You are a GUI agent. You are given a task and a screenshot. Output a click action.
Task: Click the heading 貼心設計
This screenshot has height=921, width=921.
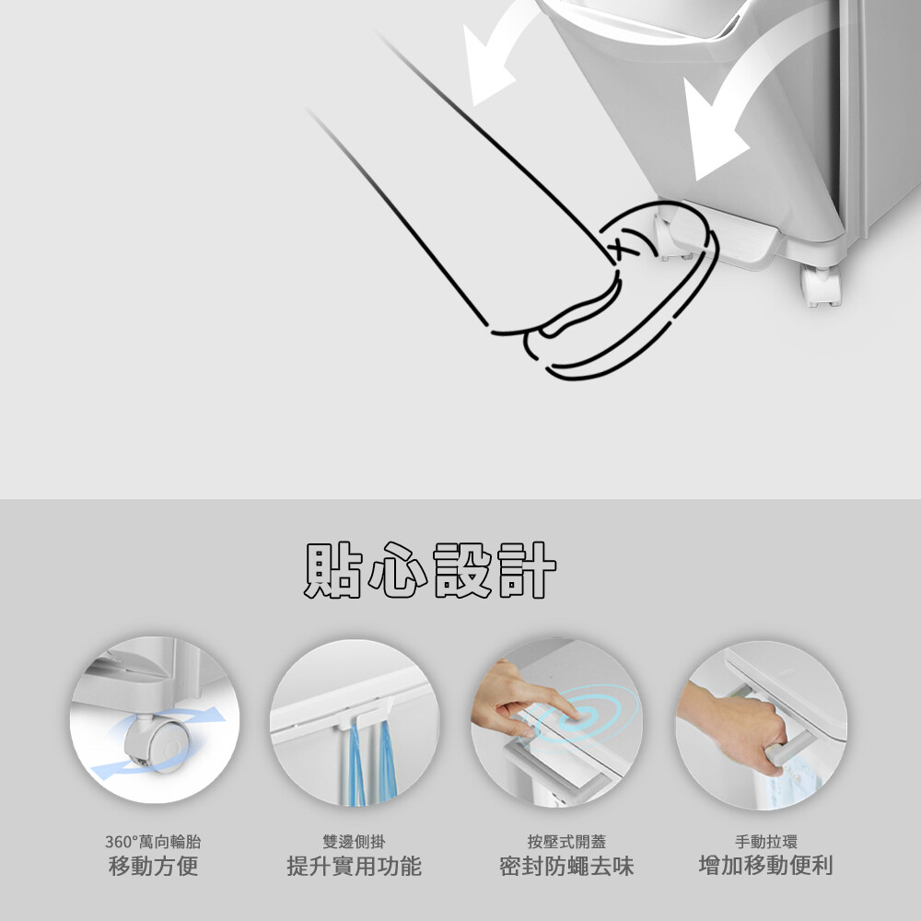coord(429,570)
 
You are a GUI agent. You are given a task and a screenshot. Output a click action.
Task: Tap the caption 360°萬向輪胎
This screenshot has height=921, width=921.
coord(153,842)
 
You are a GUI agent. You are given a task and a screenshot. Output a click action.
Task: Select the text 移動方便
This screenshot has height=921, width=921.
coord(153,866)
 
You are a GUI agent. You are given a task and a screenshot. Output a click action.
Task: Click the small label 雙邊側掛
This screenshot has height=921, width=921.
coord(355,842)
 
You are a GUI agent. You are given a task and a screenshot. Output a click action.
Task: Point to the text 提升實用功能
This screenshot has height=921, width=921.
coord(355,866)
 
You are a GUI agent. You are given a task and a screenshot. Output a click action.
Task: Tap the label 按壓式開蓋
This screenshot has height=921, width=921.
coord(566,842)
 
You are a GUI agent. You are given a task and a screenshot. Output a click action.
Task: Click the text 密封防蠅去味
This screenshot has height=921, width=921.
coord(566,866)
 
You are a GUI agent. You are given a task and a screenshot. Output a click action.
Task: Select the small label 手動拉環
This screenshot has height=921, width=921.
coord(766,842)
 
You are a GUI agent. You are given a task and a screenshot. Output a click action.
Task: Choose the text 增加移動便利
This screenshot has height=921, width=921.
coord(766,865)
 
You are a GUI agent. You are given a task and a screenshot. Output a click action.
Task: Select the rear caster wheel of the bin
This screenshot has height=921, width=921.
coord(821,286)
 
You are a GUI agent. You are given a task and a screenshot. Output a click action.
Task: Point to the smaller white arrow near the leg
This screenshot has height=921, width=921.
coord(494,52)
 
